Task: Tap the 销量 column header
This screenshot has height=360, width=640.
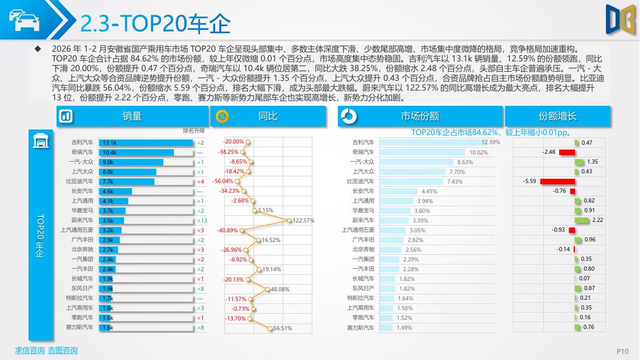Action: (x=132, y=116)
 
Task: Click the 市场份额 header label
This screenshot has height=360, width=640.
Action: (x=437, y=116)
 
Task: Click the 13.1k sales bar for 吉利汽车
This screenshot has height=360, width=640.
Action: (x=146, y=142)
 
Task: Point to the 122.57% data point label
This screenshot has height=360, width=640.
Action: (x=303, y=220)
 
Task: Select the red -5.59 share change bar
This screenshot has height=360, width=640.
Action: (x=557, y=181)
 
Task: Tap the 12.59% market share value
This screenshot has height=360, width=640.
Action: (x=490, y=142)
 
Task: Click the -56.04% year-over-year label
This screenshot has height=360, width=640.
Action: (x=223, y=181)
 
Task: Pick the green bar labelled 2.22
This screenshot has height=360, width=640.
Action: (x=582, y=220)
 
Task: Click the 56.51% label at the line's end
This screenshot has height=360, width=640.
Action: (x=283, y=328)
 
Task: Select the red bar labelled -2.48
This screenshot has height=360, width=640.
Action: (x=566, y=152)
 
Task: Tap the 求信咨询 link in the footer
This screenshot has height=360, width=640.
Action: (x=30, y=350)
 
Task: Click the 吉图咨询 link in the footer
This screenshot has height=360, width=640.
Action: (x=63, y=350)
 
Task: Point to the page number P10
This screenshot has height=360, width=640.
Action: (x=622, y=351)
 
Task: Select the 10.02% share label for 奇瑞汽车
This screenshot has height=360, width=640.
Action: (x=478, y=152)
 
